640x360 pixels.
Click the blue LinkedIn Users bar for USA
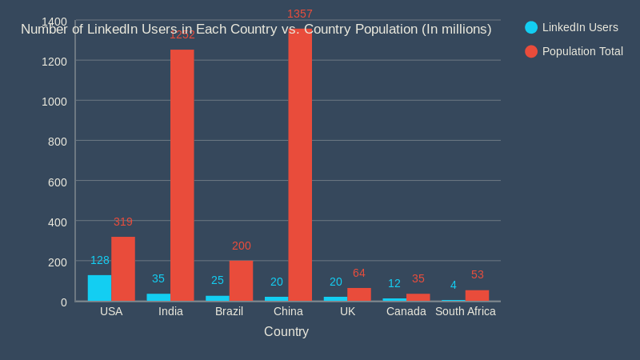coord(99,288)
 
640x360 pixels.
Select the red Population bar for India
coord(182,175)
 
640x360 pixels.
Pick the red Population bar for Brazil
coord(241,281)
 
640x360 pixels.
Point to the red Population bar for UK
coord(359,294)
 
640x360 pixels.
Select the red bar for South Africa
coord(477,295)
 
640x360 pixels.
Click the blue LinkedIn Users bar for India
coord(158,298)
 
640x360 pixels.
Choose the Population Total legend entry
coord(574,51)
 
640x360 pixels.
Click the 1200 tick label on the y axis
coord(54,62)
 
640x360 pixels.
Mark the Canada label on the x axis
coord(406,311)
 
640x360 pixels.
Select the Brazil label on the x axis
coord(229,311)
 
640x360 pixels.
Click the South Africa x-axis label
coord(465,311)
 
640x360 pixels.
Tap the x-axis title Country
coord(286,331)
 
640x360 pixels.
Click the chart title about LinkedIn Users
coord(256,30)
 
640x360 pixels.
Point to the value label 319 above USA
coord(122,222)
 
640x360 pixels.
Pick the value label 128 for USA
coord(100,260)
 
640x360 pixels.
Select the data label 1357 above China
coord(300,14)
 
